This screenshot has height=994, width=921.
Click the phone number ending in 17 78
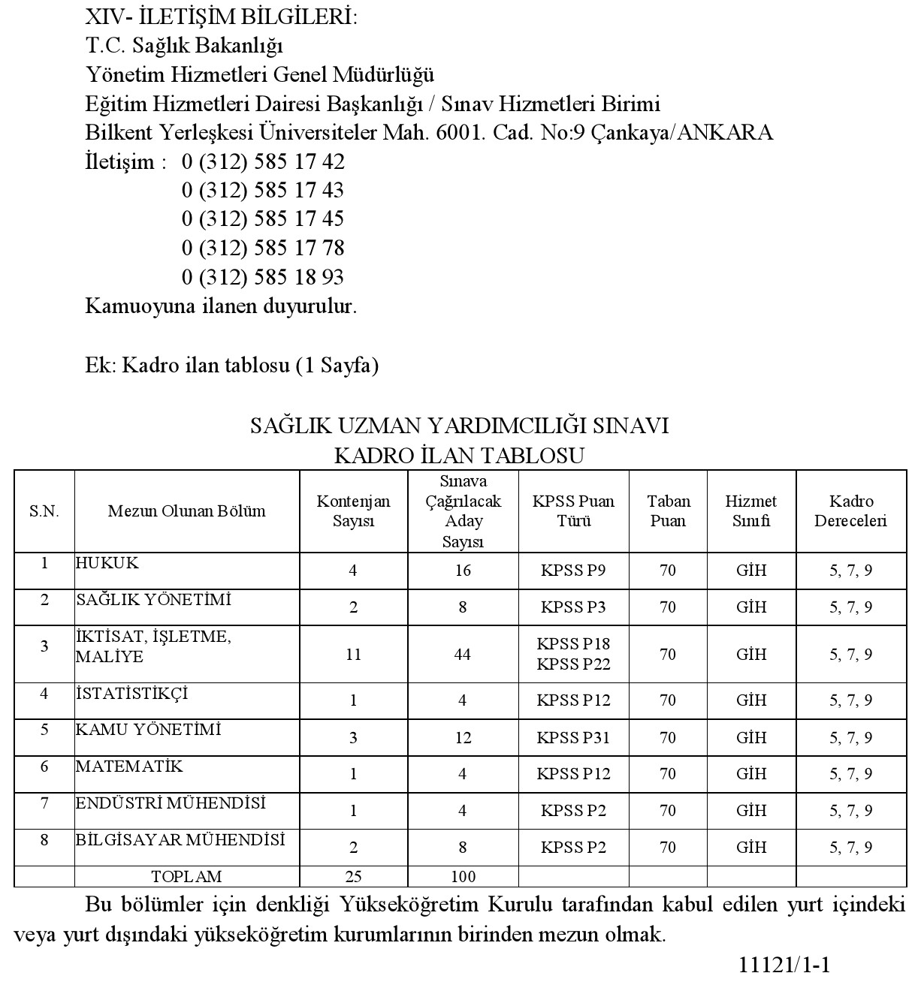pos(263,248)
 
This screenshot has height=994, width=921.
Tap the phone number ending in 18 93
pos(263,277)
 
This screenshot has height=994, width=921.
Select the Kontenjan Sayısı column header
pos(353,511)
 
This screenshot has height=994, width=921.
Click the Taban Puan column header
pos(668,511)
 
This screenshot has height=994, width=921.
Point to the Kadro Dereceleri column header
pos(851,511)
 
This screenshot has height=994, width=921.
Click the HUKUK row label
pos(107,563)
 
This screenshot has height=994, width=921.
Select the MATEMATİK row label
pos(129,767)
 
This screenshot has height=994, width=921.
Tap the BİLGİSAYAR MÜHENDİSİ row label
pos(180,840)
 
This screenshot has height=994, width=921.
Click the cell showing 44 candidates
pos(463,655)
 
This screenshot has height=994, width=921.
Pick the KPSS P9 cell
pos(573,571)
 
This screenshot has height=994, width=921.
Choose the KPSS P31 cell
pos(573,737)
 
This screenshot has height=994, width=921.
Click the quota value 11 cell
pos(353,655)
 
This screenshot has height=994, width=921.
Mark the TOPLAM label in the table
pos(186,876)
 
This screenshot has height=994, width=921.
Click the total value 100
pos(463,876)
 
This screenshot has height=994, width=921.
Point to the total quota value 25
pos(353,876)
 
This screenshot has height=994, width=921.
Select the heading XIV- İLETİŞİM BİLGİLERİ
pos(222,17)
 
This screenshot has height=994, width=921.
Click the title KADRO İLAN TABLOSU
pos(460,456)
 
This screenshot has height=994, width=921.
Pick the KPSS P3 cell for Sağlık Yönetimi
pos(573,607)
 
